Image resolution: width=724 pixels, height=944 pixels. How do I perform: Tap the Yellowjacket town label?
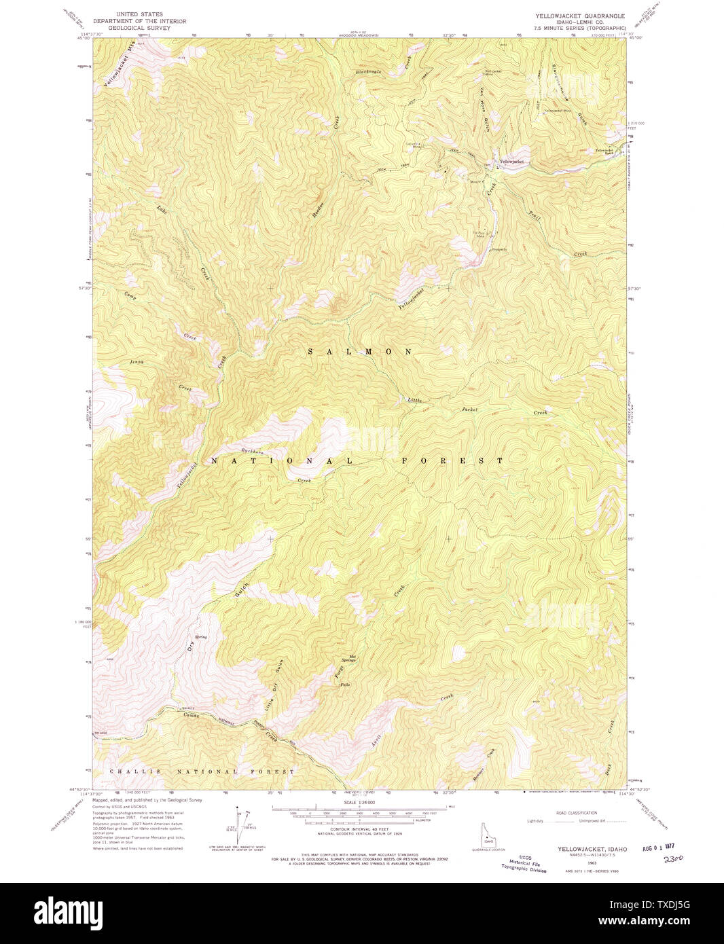pos(512,162)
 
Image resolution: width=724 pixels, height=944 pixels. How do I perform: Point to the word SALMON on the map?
pos(360,352)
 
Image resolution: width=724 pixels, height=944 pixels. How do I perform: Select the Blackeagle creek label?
pos(369,71)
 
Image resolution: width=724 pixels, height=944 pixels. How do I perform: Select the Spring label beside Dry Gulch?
pos(201,637)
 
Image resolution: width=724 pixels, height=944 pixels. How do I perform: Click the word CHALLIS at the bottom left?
pos(129,771)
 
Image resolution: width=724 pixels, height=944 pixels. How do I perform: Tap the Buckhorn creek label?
pos(253,452)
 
